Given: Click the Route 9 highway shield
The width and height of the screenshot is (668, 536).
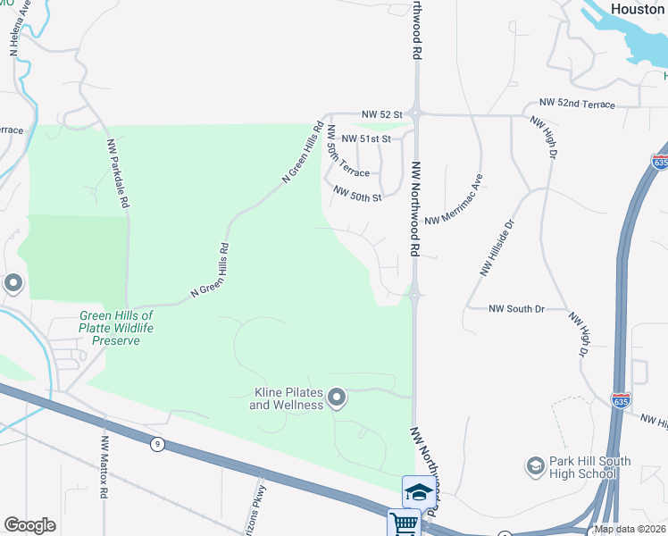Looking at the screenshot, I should point(157,443).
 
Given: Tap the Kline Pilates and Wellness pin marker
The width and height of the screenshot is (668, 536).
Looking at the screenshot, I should point(337,397).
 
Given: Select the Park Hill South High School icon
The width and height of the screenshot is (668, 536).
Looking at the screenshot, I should point(535,465).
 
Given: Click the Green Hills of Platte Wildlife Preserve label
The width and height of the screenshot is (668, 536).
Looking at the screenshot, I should point(117,328).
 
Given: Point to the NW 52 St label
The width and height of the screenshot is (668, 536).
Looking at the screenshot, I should point(383,115).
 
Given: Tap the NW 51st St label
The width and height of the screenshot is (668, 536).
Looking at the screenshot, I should point(368,139).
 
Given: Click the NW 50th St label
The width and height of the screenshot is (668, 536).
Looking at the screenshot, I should point(357,193).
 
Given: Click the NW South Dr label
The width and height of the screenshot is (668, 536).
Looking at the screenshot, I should point(516,309).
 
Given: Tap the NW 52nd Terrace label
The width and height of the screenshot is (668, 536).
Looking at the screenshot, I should point(577,105).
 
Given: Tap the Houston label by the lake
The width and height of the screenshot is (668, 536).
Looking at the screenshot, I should point(638,8).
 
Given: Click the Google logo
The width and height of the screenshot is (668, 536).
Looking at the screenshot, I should point(30,525).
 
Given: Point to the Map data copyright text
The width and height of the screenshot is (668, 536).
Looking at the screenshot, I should point(630,529).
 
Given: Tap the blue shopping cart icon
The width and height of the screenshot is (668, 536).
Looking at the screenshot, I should point(404,523).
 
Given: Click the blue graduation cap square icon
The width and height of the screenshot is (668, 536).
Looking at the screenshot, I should point(419,490).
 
